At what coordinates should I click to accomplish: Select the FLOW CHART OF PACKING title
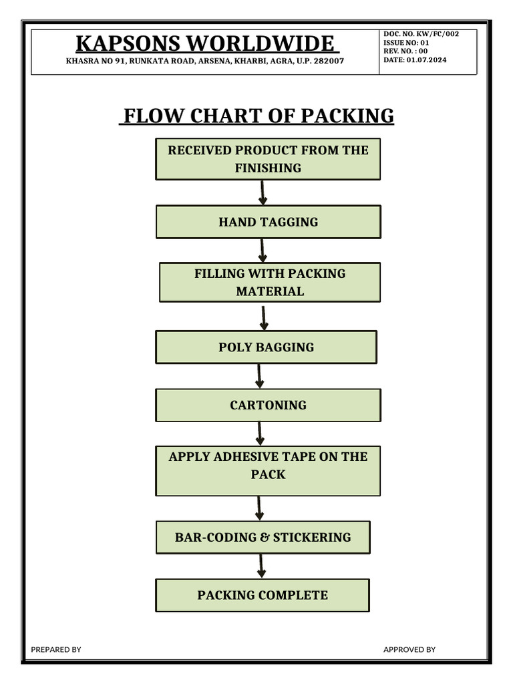tap(256, 116)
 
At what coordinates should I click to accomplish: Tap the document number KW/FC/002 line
tap(421, 33)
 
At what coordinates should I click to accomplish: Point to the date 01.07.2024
tap(415, 60)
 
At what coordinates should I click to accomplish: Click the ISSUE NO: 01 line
tap(406, 42)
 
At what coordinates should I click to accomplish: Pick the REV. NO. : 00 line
tap(405, 51)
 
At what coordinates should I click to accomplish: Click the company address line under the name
tap(205, 61)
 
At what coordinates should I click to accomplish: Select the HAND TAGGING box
tap(268, 222)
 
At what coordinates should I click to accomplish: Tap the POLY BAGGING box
tap(266, 347)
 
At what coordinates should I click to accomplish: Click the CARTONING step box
tap(268, 405)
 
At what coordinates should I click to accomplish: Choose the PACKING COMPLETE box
tap(263, 594)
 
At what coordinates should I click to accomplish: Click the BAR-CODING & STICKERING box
tap(263, 537)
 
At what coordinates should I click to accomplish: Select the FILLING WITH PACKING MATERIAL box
tap(269, 282)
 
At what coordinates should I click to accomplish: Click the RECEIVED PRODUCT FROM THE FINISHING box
tap(268, 159)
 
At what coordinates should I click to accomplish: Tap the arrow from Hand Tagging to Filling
tap(263, 250)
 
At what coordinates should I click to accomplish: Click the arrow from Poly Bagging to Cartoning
tap(260, 376)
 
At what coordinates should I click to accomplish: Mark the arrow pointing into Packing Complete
tap(261, 566)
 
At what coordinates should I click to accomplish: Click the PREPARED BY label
tap(56, 649)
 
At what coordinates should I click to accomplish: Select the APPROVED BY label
tap(409, 649)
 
